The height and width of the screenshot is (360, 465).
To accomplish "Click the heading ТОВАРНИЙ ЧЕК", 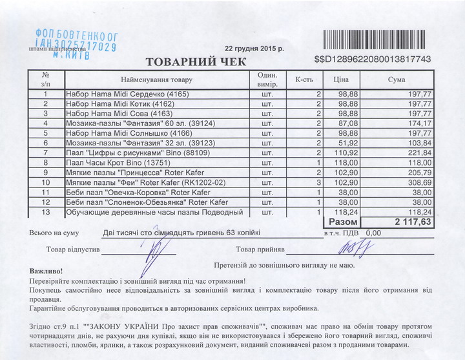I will tap(197, 62).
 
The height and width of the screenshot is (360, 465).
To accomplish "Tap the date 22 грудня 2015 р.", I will tap(254, 48).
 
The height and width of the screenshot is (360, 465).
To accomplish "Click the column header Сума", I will tap(397, 79).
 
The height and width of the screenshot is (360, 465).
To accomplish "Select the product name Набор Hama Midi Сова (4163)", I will tap(120, 113).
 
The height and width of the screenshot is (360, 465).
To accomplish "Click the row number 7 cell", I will tap(46, 153).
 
